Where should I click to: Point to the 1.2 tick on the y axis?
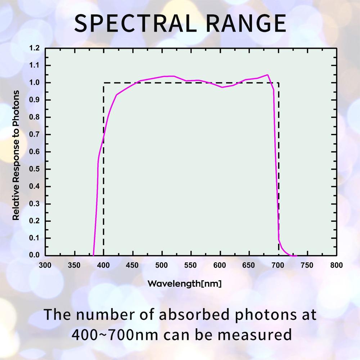point(35,48)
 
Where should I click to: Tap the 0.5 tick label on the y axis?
point(35,169)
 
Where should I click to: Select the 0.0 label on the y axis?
point(35,255)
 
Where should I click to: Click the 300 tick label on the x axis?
point(45,266)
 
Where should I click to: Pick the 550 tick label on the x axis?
point(191,266)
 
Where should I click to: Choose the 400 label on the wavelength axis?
point(103,266)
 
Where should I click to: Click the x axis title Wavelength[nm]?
point(184,284)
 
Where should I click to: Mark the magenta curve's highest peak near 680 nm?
point(267,75)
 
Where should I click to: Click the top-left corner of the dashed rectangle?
point(104,83)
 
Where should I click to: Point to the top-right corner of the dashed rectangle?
point(279,83)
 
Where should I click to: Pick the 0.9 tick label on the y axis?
point(35,100)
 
